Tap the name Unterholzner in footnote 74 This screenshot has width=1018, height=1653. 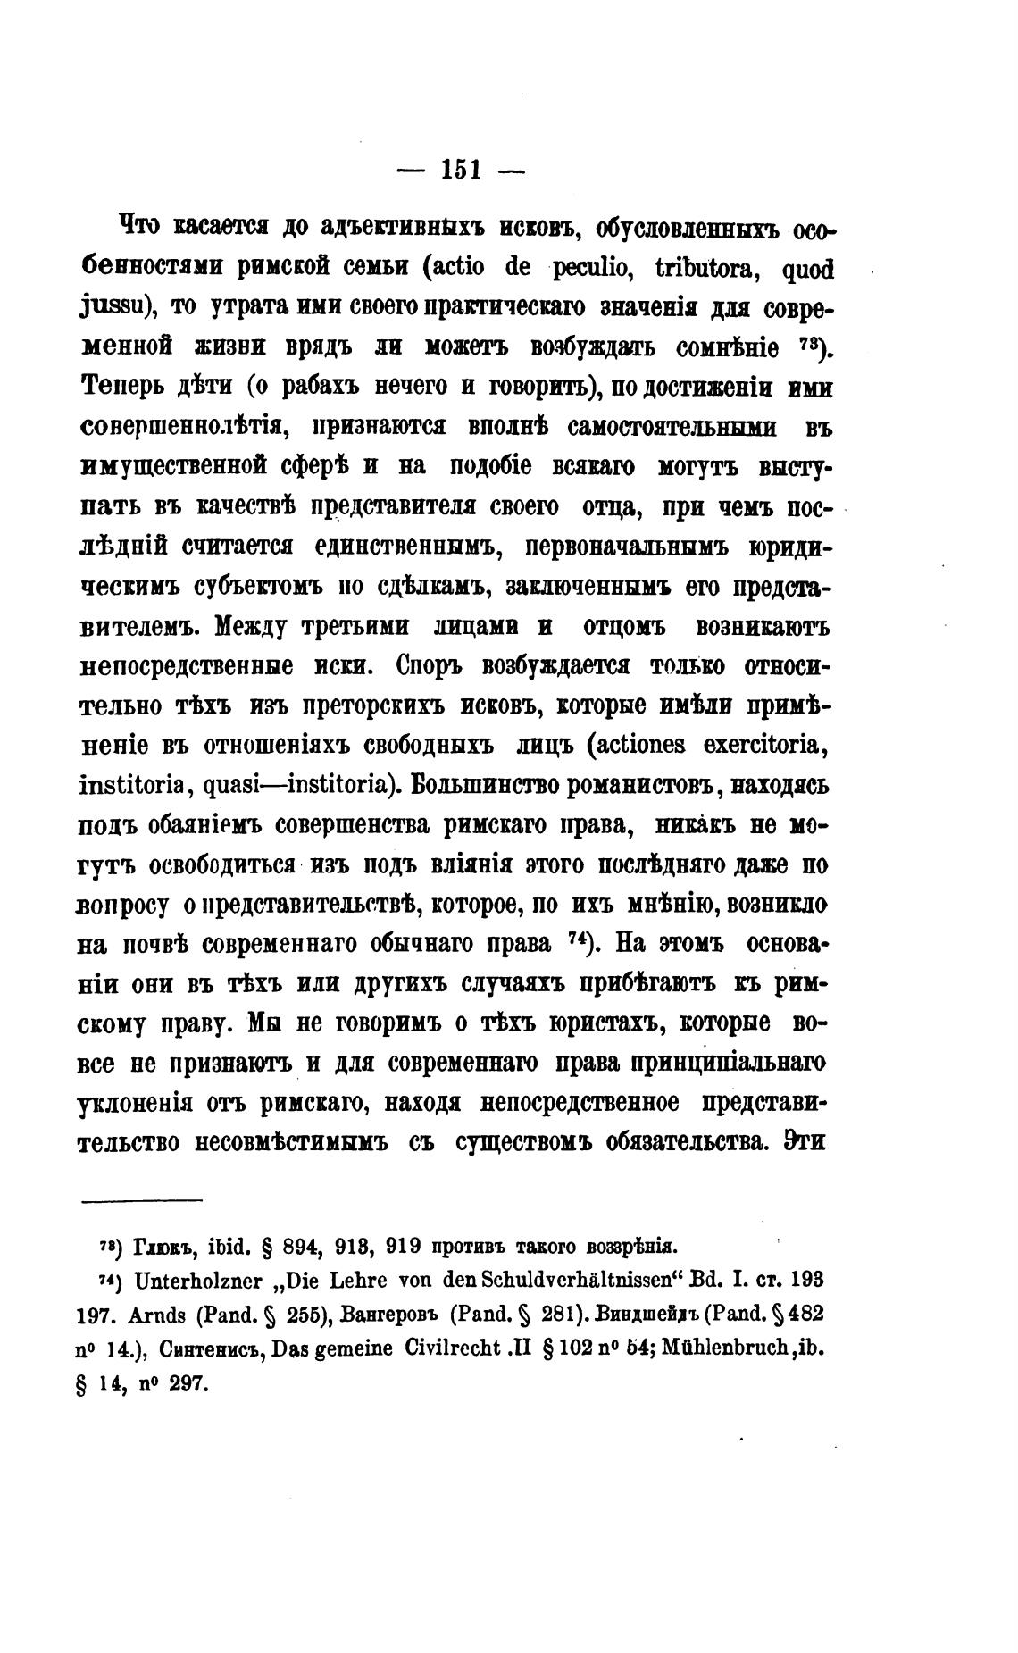(x=197, y=1280)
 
